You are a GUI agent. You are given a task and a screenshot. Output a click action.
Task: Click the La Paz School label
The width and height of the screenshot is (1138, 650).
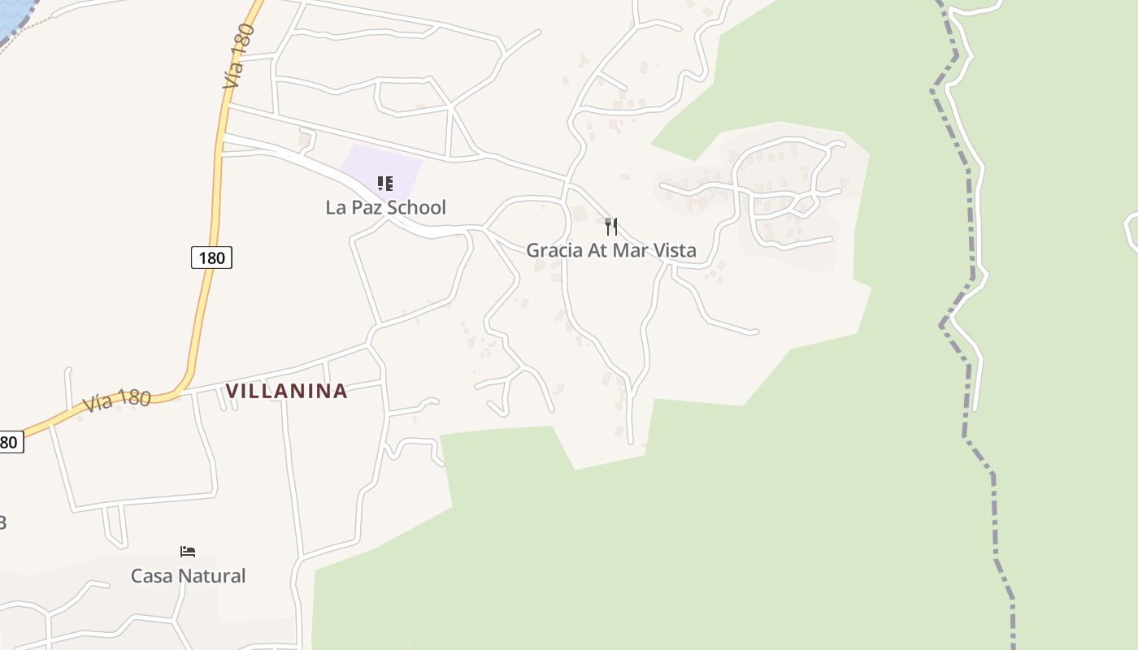(x=385, y=207)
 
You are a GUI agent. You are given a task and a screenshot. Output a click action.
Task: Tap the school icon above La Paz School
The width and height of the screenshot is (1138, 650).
(x=385, y=184)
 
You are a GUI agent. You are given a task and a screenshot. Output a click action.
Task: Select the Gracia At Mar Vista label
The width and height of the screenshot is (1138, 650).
(x=610, y=250)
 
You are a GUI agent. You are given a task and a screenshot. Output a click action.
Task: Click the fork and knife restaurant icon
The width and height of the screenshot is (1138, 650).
(x=611, y=226)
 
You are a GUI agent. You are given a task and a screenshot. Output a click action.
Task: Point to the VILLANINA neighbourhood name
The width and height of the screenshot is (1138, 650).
(x=286, y=391)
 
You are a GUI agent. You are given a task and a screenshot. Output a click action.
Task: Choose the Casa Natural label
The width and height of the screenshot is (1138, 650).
(x=188, y=576)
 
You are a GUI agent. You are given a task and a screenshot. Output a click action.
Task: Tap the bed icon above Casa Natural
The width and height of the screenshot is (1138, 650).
(x=188, y=552)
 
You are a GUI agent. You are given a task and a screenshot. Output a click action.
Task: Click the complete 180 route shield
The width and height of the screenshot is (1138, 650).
(x=211, y=258)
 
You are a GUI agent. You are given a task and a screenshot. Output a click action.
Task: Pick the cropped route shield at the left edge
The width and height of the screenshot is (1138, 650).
(x=10, y=442)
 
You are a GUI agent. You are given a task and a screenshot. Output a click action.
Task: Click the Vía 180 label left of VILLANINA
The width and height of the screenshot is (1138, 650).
(x=116, y=401)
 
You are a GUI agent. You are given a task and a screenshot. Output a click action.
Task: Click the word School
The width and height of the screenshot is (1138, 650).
(x=416, y=207)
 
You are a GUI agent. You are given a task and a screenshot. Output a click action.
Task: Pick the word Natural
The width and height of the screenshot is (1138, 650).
(x=215, y=576)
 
